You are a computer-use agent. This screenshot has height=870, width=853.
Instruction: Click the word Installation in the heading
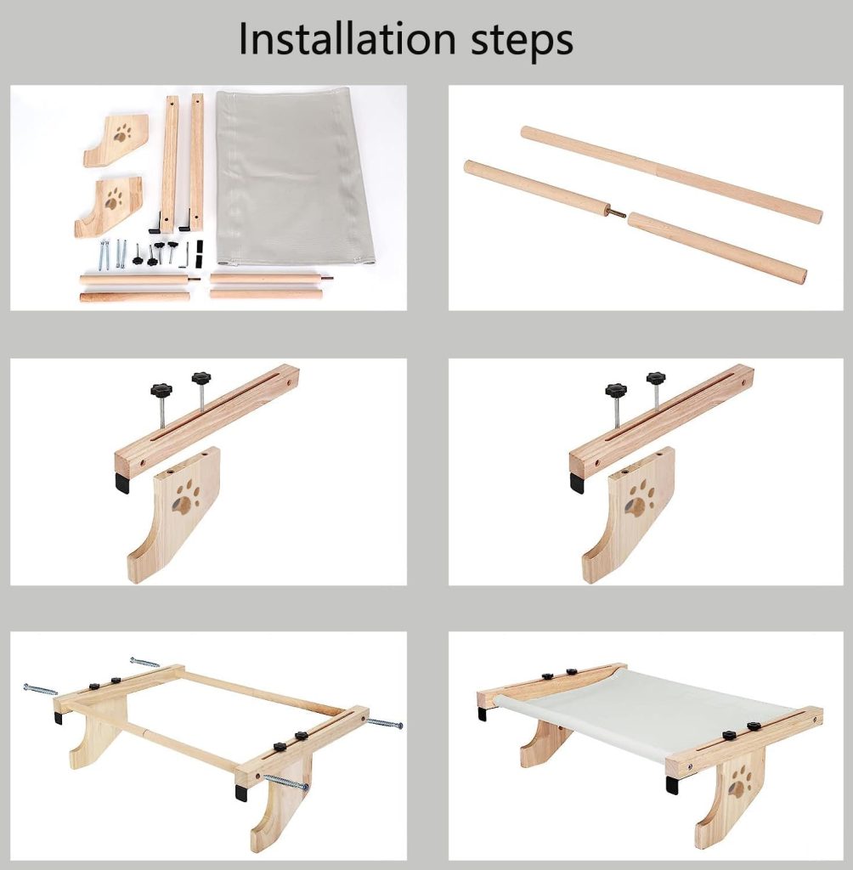pyautogui.click(x=347, y=39)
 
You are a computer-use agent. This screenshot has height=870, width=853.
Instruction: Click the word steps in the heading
pyautogui.click(x=522, y=42)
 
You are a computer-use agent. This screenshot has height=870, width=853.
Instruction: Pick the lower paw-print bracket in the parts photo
pyautogui.click(x=110, y=206)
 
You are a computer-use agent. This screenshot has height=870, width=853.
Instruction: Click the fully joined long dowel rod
pyautogui.click(x=671, y=173)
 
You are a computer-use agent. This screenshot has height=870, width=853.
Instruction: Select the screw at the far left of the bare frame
pyautogui.click(x=40, y=690)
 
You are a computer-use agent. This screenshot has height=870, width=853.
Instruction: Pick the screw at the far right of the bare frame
pyautogui.click(x=384, y=723)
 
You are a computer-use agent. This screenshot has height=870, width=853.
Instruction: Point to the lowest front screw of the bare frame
pyautogui.click(x=285, y=782)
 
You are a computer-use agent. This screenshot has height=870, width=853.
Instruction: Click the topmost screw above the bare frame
pyautogui.click(x=144, y=661)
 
